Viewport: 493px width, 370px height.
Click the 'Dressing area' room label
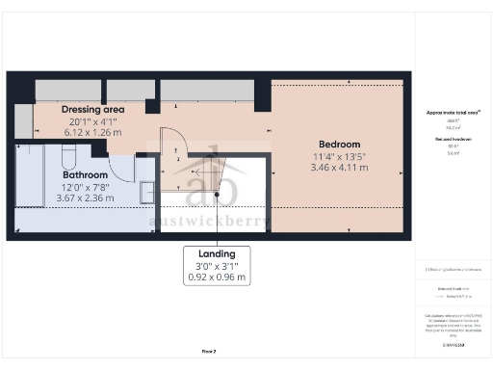tap(93, 109)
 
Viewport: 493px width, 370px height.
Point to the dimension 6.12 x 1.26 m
tap(93, 133)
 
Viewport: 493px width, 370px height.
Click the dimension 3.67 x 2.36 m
tap(85, 198)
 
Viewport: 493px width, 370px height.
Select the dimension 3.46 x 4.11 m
tap(339, 168)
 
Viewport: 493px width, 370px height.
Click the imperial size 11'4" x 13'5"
tap(339, 156)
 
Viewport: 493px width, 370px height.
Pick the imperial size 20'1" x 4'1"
tap(93, 121)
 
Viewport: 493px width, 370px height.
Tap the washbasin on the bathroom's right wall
tap(146, 191)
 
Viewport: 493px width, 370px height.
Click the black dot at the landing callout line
tap(217, 196)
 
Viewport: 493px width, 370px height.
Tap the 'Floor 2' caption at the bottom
tap(208, 352)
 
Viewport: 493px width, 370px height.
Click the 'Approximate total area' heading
tap(453, 113)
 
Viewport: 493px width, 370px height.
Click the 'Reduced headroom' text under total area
tap(452, 140)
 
